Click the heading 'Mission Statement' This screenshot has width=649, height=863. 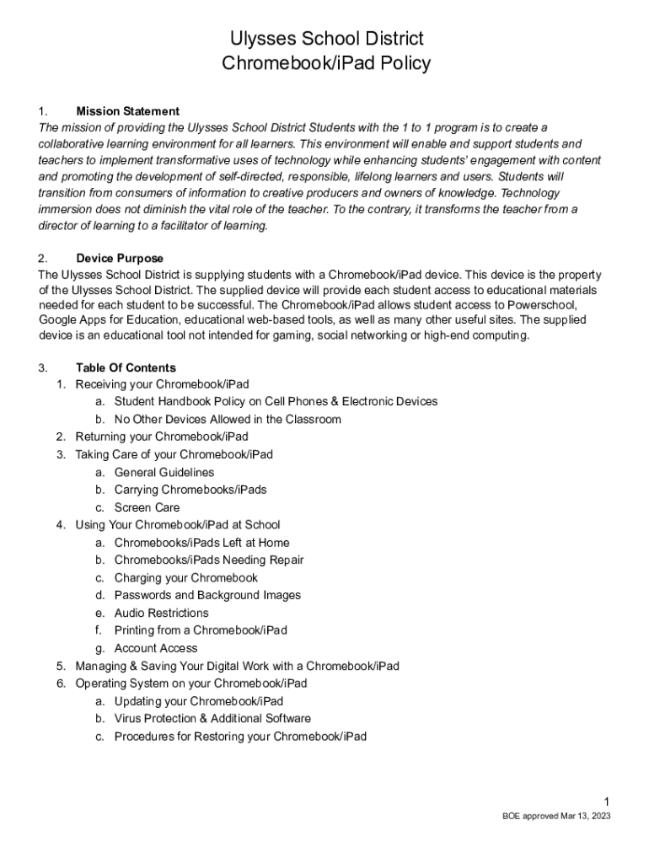pyautogui.click(x=127, y=111)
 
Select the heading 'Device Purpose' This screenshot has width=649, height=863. pyautogui.click(x=120, y=258)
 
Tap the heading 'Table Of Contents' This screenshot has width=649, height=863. pyautogui.click(x=126, y=367)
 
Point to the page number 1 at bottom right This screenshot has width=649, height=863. pyautogui.click(x=607, y=801)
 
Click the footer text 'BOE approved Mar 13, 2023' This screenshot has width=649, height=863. pyautogui.click(x=556, y=817)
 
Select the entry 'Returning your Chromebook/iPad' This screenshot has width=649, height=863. pyautogui.click(x=162, y=437)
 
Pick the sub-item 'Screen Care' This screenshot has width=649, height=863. pyautogui.click(x=147, y=507)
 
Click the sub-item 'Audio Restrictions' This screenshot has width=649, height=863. pyautogui.click(x=161, y=613)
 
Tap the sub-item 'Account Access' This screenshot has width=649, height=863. pyautogui.click(x=156, y=648)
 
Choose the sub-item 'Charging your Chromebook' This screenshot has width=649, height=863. pyautogui.click(x=185, y=578)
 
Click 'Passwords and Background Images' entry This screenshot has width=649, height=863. pyautogui.click(x=207, y=595)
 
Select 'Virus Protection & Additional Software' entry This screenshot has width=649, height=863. pyautogui.click(x=212, y=719)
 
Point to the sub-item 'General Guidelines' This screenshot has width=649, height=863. pyautogui.click(x=164, y=473)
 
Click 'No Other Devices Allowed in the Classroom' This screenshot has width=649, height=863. pyautogui.click(x=228, y=420)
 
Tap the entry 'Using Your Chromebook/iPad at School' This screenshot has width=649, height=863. pyautogui.click(x=178, y=525)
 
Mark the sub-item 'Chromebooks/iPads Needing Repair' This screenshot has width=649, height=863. pyautogui.click(x=209, y=560)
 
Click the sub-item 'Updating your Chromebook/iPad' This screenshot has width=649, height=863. pyautogui.click(x=199, y=701)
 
